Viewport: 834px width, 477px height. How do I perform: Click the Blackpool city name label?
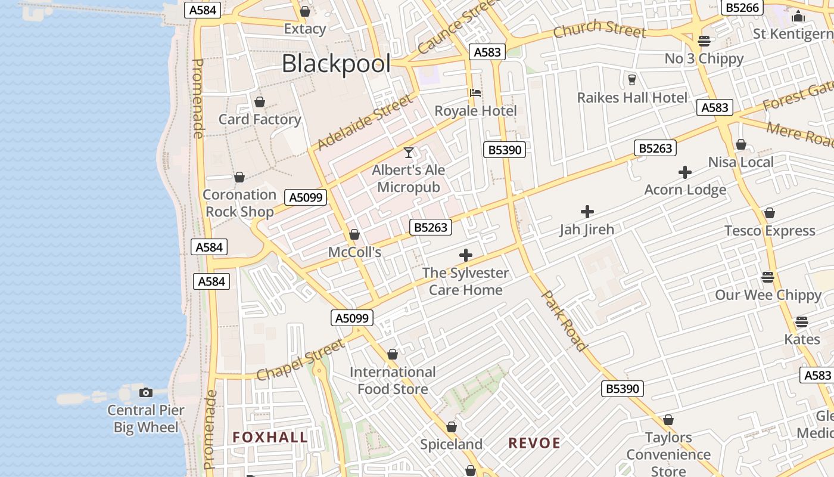(336, 64)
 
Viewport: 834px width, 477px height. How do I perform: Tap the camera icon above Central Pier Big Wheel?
(146, 392)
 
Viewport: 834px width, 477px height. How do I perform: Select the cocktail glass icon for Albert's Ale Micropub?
(409, 153)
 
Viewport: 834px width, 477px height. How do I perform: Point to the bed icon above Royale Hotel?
(475, 93)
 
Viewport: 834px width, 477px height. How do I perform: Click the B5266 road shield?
(742, 7)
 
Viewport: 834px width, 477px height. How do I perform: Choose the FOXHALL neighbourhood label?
(270, 437)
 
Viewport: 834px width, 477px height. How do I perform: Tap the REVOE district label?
(534, 443)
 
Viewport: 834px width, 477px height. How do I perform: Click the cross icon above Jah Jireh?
(587, 212)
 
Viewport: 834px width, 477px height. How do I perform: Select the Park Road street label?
(564, 320)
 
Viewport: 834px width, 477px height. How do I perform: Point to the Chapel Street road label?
(301, 360)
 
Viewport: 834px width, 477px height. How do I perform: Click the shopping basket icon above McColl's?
(354, 234)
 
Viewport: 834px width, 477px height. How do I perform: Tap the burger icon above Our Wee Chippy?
(768, 277)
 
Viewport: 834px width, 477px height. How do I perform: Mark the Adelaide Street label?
(365, 122)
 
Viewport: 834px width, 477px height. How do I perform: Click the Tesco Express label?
(770, 231)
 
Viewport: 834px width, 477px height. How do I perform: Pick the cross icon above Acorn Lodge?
(685, 173)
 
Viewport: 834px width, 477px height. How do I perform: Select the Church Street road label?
(599, 29)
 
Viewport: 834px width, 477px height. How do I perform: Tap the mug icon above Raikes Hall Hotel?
(632, 79)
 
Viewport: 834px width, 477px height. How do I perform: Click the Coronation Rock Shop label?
(239, 203)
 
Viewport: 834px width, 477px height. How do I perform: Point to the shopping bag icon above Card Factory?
(259, 103)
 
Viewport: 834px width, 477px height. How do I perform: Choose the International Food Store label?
(393, 380)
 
